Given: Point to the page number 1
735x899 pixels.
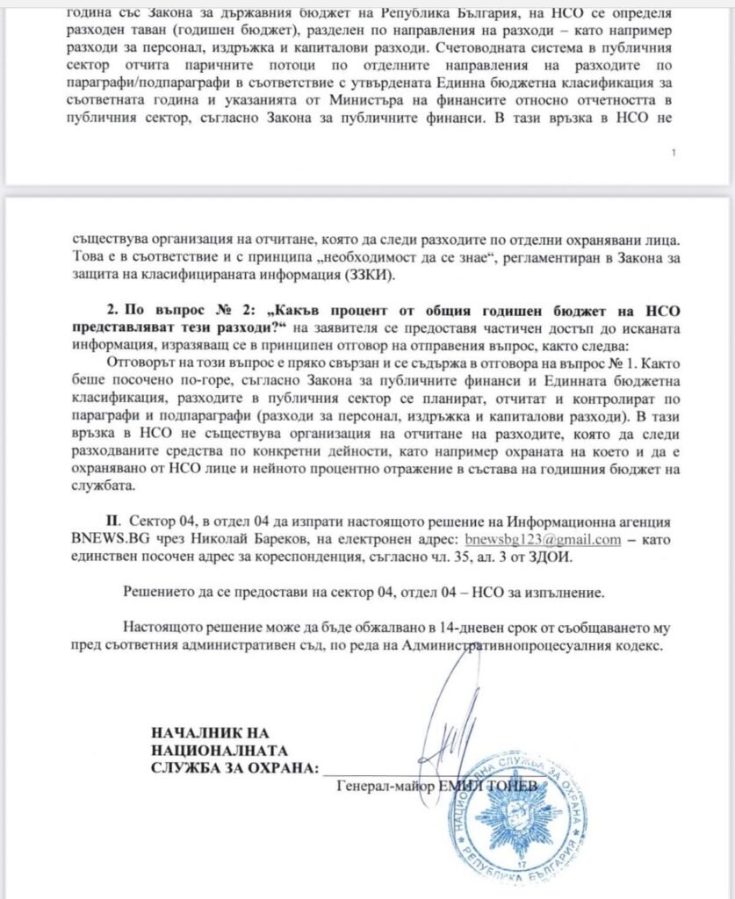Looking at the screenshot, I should coord(673,153).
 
